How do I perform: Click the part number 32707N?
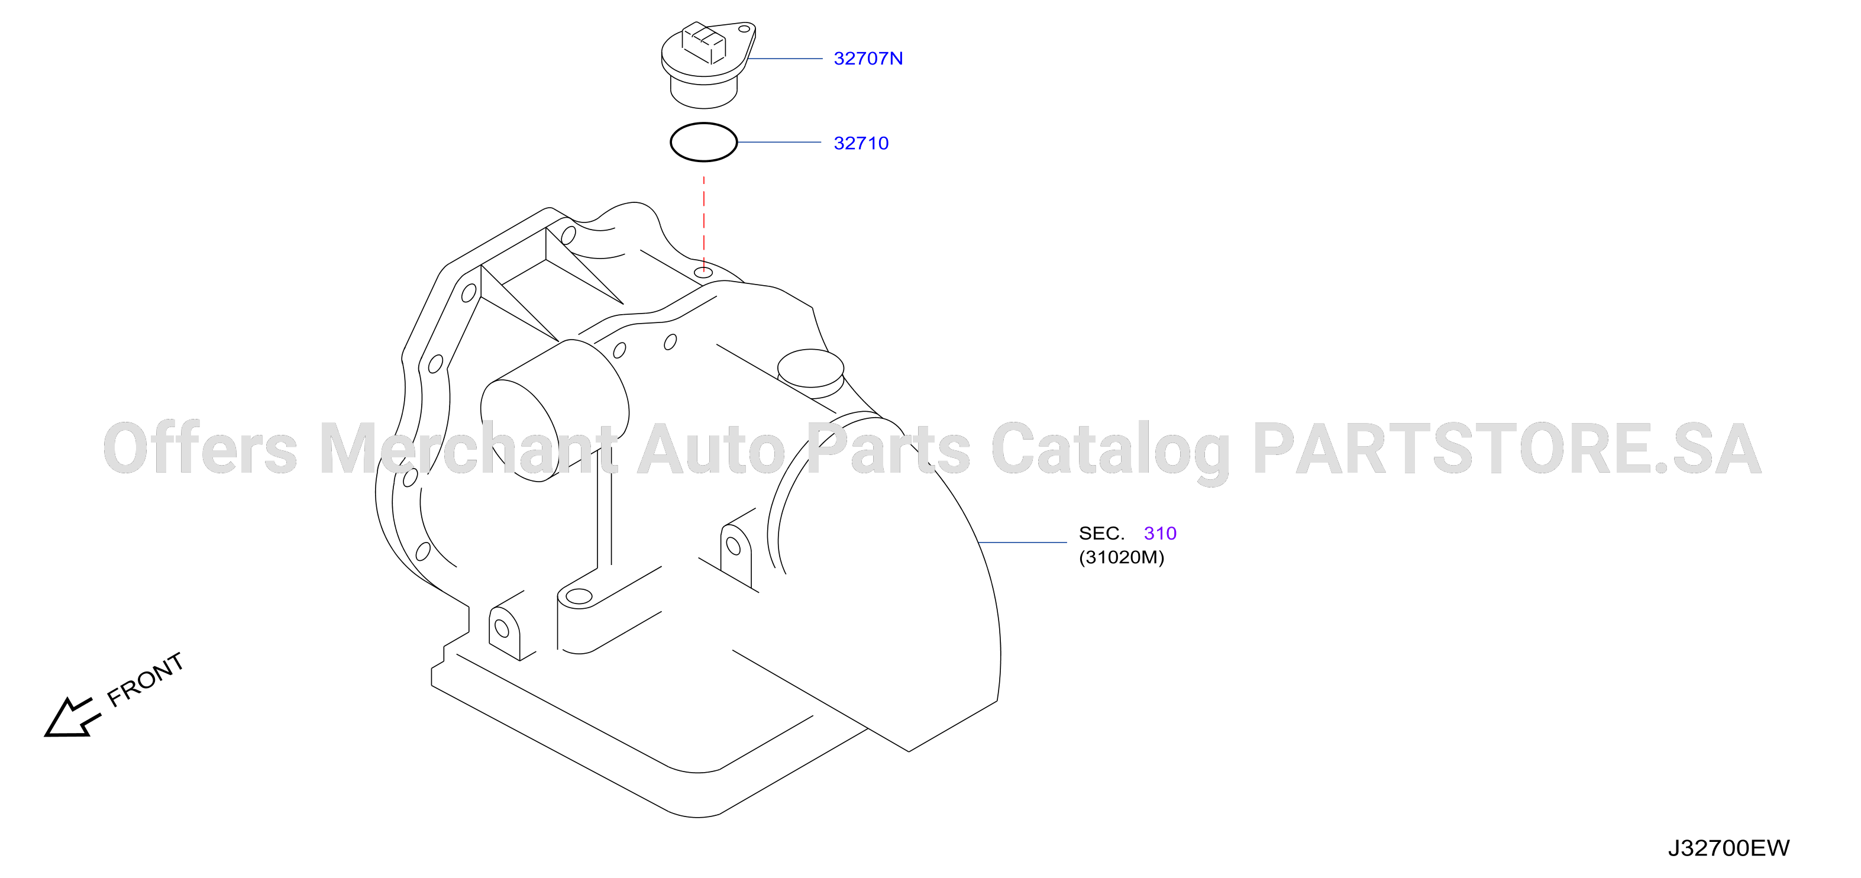click(x=868, y=59)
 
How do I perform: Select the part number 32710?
click(x=861, y=143)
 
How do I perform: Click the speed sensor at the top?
click(x=708, y=64)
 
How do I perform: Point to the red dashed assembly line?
click(x=704, y=223)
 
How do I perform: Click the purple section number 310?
click(x=1160, y=533)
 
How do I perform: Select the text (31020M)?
click(x=1121, y=557)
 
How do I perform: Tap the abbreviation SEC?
click(x=1101, y=533)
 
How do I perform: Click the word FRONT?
click(x=145, y=679)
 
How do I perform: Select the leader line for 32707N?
click(x=784, y=59)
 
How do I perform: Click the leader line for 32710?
click(x=780, y=143)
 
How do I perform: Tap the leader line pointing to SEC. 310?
click(x=1022, y=542)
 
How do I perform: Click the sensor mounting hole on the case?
click(x=704, y=272)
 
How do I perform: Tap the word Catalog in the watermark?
click(x=1110, y=450)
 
